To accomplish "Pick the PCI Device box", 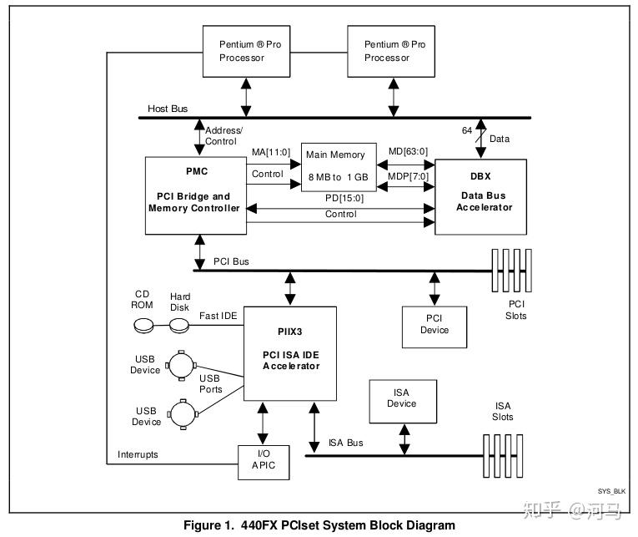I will [434, 324].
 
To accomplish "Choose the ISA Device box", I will [401, 398].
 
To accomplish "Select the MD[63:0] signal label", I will [408, 151].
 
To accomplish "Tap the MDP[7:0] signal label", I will [408, 176].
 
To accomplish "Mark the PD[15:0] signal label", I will [342, 199].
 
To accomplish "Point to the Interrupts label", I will [136, 454].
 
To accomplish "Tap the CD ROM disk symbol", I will [144, 325].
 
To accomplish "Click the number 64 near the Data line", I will [468, 131].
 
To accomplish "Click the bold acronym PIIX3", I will [290, 331].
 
